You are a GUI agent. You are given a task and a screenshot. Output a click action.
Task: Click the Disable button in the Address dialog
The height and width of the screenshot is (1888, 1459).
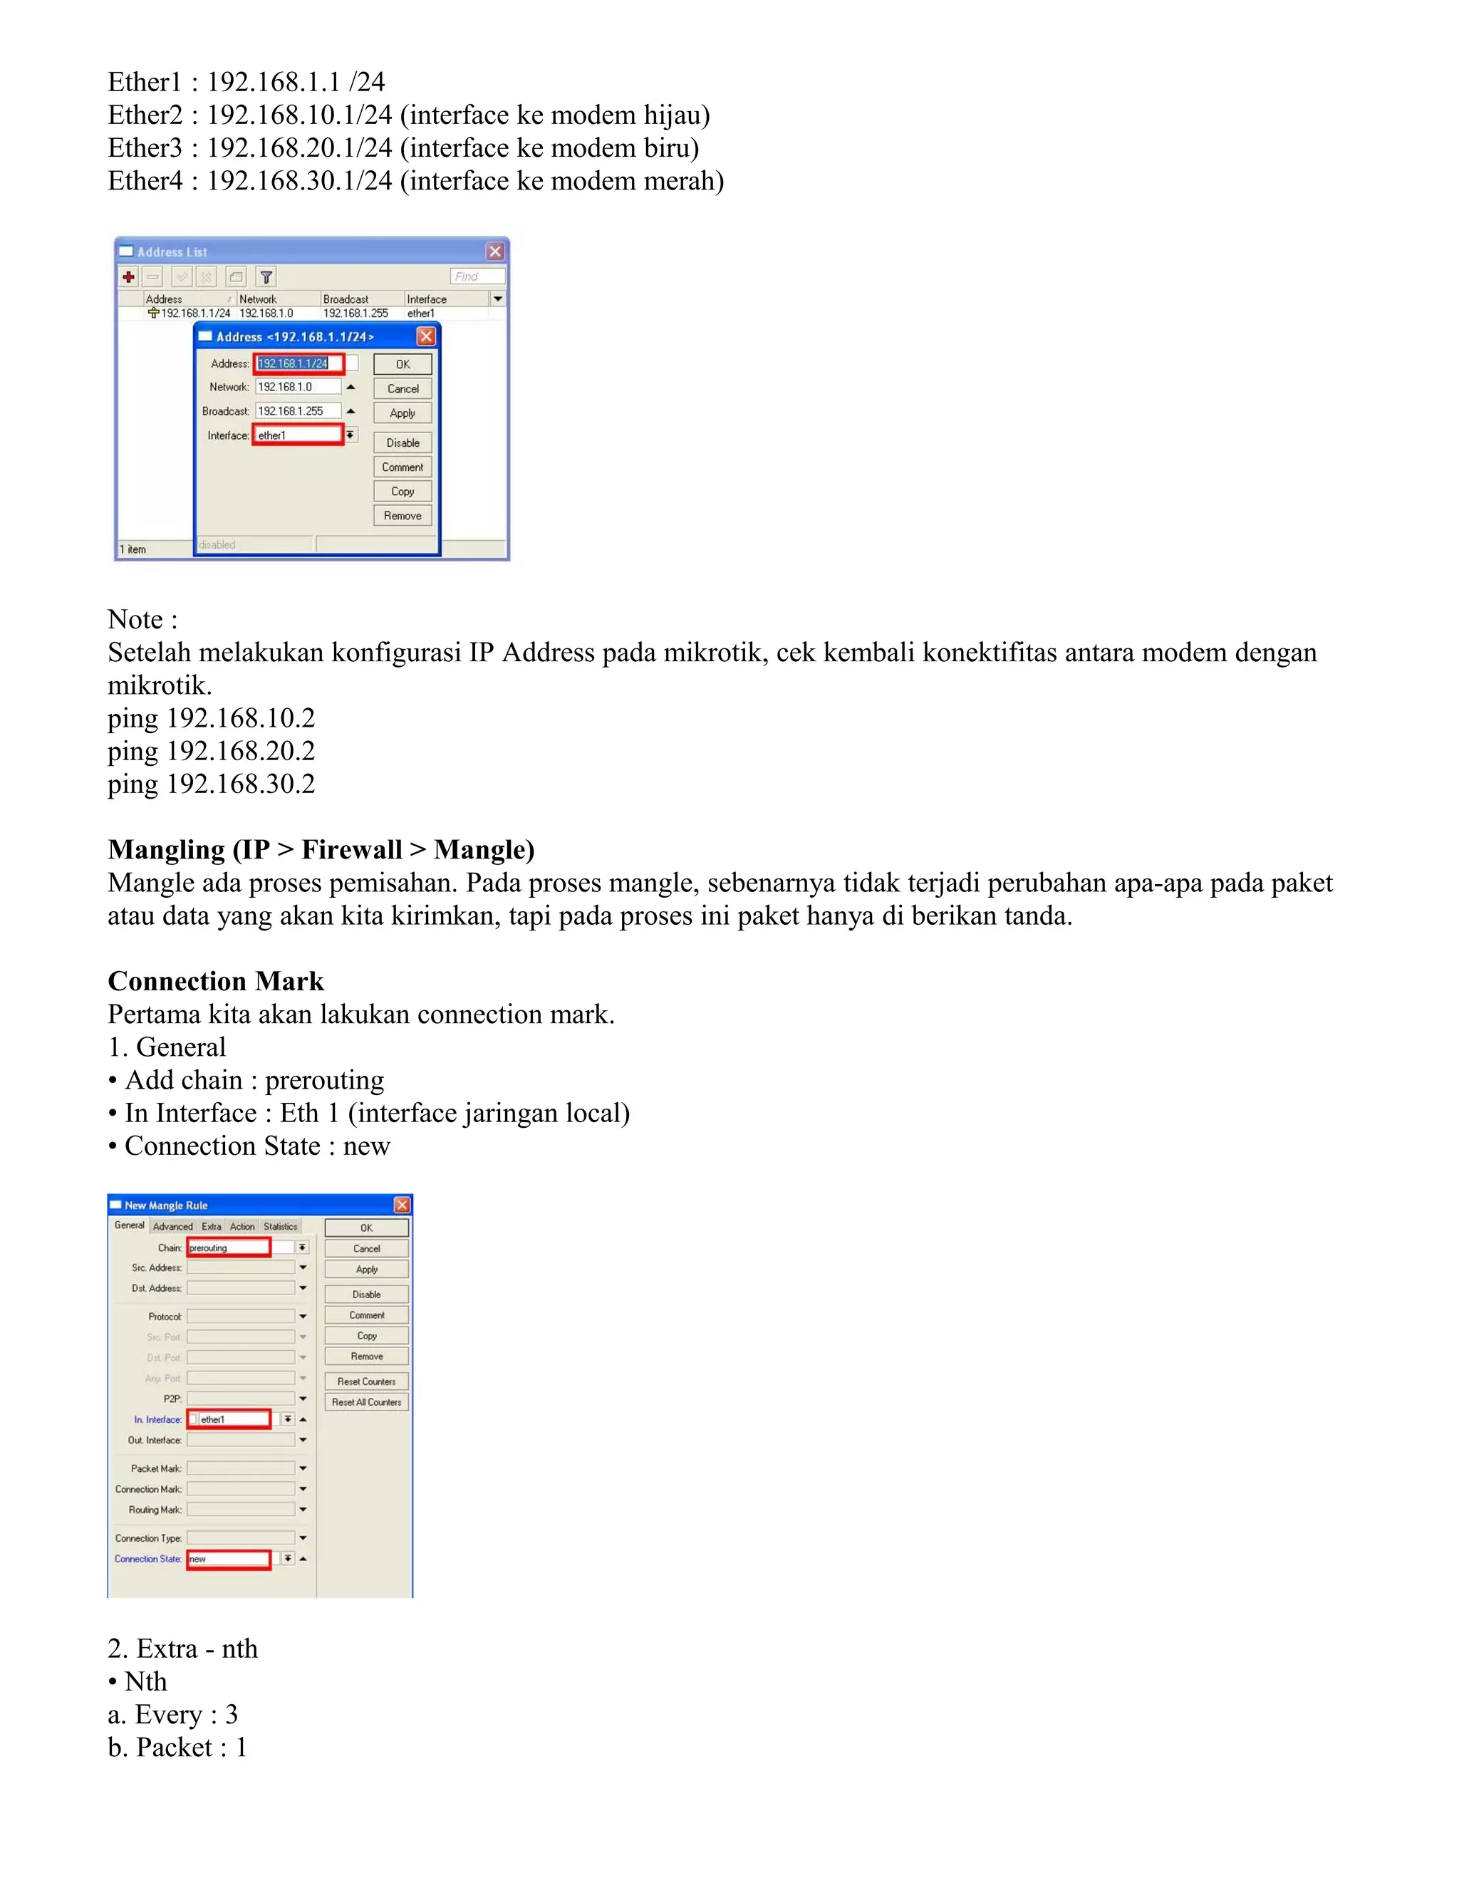(x=403, y=442)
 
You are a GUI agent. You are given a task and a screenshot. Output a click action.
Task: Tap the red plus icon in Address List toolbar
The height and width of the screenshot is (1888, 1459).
(x=129, y=277)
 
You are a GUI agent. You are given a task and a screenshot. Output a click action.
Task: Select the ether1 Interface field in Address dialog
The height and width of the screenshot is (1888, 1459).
(x=298, y=435)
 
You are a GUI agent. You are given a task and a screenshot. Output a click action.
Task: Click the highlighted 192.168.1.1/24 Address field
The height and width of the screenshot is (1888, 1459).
(x=298, y=363)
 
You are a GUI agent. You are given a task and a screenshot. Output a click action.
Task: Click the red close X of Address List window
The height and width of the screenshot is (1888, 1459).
(x=494, y=251)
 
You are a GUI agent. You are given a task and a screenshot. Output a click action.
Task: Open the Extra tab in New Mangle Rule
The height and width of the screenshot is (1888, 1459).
(x=212, y=1226)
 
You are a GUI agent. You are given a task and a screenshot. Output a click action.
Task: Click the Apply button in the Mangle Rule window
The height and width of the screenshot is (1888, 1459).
(x=366, y=1269)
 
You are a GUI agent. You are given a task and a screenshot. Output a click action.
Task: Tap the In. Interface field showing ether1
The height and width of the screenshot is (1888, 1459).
(x=234, y=1418)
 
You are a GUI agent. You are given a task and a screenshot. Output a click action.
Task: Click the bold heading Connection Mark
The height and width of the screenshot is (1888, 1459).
(x=215, y=981)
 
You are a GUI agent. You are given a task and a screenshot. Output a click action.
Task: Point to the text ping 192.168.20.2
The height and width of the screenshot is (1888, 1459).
(x=211, y=750)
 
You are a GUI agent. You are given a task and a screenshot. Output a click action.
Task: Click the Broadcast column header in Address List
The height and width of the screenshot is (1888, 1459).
(x=346, y=299)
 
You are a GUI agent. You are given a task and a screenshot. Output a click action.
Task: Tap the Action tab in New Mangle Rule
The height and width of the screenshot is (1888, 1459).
(x=242, y=1226)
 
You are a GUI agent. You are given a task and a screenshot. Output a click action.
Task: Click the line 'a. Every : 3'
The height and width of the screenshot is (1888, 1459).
(x=173, y=1714)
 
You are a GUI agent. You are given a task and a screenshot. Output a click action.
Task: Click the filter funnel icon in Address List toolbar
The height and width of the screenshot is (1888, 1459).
(x=266, y=277)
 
